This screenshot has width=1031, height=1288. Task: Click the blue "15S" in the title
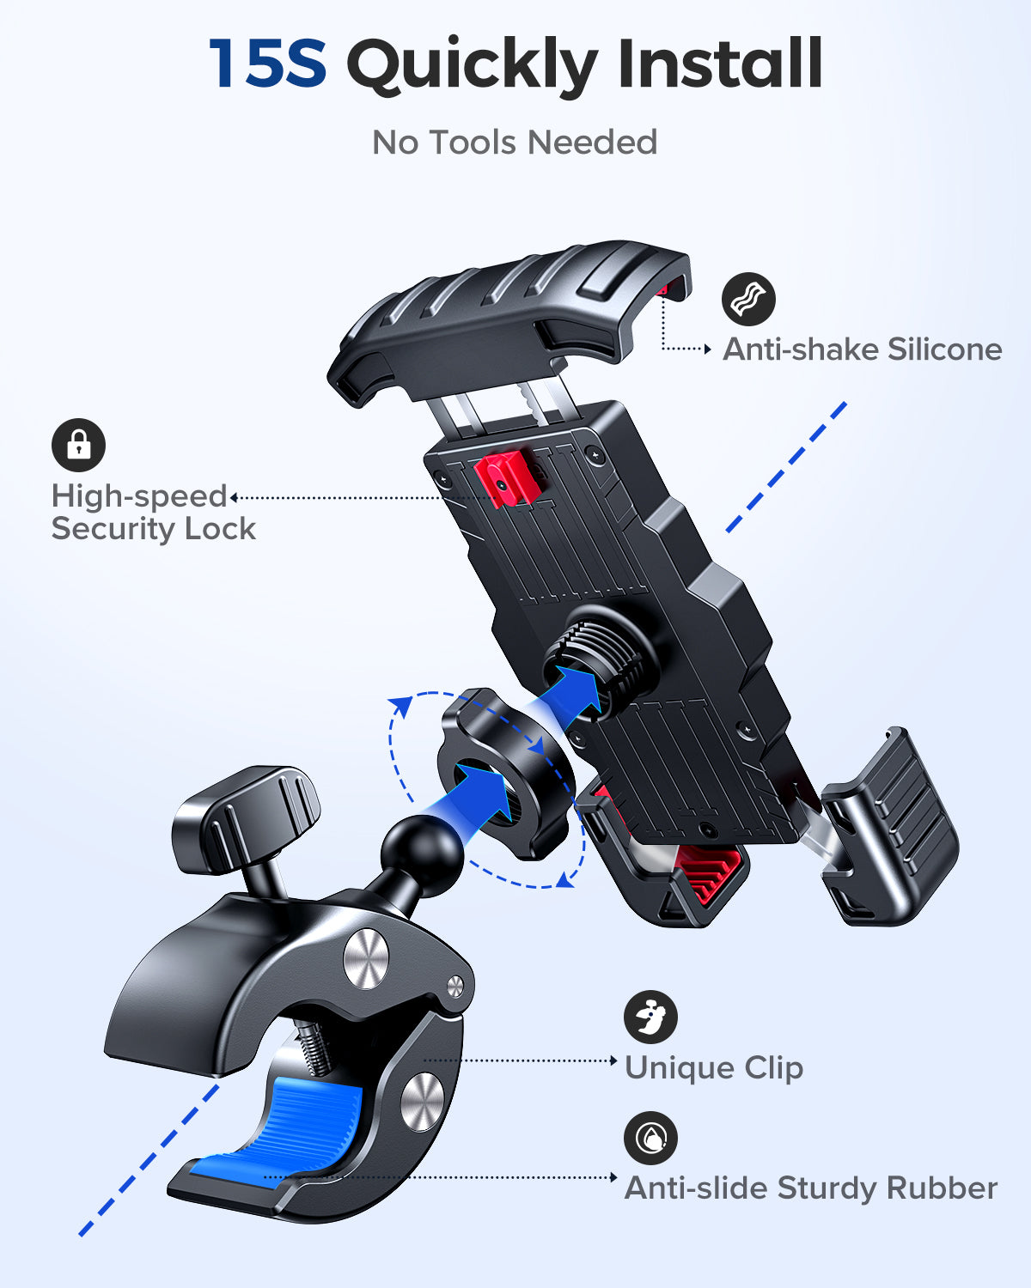click(x=267, y=64)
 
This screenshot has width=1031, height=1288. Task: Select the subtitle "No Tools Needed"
click(x=515, y=143)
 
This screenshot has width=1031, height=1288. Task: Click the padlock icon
click(x=78, y=445)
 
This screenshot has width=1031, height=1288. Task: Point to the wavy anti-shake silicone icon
click(x=748, y=299)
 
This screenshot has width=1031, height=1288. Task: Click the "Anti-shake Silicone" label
click(x=862, y=349)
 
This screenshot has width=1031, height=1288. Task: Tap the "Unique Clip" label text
click(x=713, y=1068)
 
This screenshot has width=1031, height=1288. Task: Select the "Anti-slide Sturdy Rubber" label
click(x=810, y=1188)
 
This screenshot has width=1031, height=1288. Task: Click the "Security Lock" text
click(x=154, y=529)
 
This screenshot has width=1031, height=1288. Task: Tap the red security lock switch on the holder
click(x=507, y=478)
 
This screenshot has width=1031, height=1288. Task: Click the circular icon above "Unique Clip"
click(x=650, y=1017)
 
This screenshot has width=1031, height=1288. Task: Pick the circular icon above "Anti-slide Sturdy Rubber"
click(x=650, y=1138)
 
